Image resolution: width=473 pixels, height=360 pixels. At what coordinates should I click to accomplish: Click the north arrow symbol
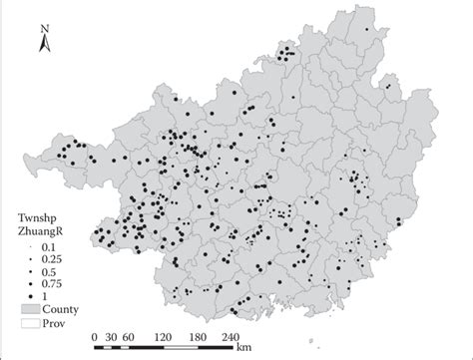pyautogui.click(x=45, y=43)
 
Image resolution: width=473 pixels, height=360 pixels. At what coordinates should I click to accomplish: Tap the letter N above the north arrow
pyautogui.click(x=45, y=30)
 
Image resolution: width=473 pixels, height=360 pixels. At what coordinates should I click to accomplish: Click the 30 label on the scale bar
pyautogui.click(x=112, y=337)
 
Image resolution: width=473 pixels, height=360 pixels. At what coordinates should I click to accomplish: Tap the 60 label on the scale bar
pyautogui.click(x=129, y=337)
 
